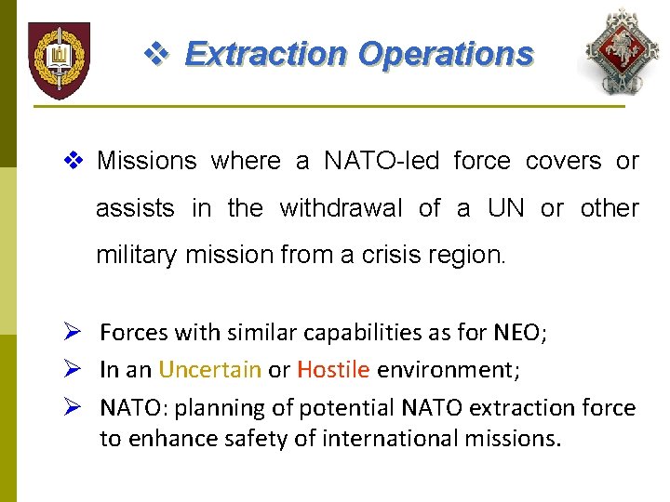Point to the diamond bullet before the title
click(154, 54)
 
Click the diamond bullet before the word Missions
click(77, 161)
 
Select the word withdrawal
click(339, 208)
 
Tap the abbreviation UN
click(506, 208)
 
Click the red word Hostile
click(333, 370)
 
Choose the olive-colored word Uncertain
click(209, 370)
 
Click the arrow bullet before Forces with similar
click(76, 333)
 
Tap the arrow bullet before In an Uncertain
click(76, 370)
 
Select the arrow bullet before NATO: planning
click(76, 408)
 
